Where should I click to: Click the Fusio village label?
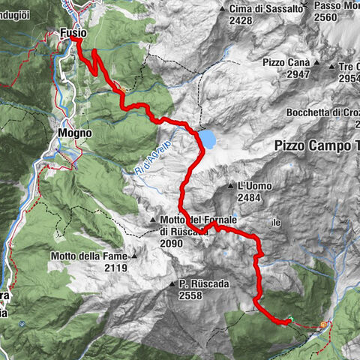pos(73,33)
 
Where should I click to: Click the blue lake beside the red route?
pos(208,139)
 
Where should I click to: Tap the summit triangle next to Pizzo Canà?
pos(319,64)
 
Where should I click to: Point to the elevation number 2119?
pos(116,268)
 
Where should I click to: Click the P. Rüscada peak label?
pos(203,284)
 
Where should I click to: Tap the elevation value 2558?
pos(190,295)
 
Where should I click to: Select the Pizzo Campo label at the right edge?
pos(316,145)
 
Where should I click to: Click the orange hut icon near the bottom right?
pos(324,325)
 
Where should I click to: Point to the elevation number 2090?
pos(171,243)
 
